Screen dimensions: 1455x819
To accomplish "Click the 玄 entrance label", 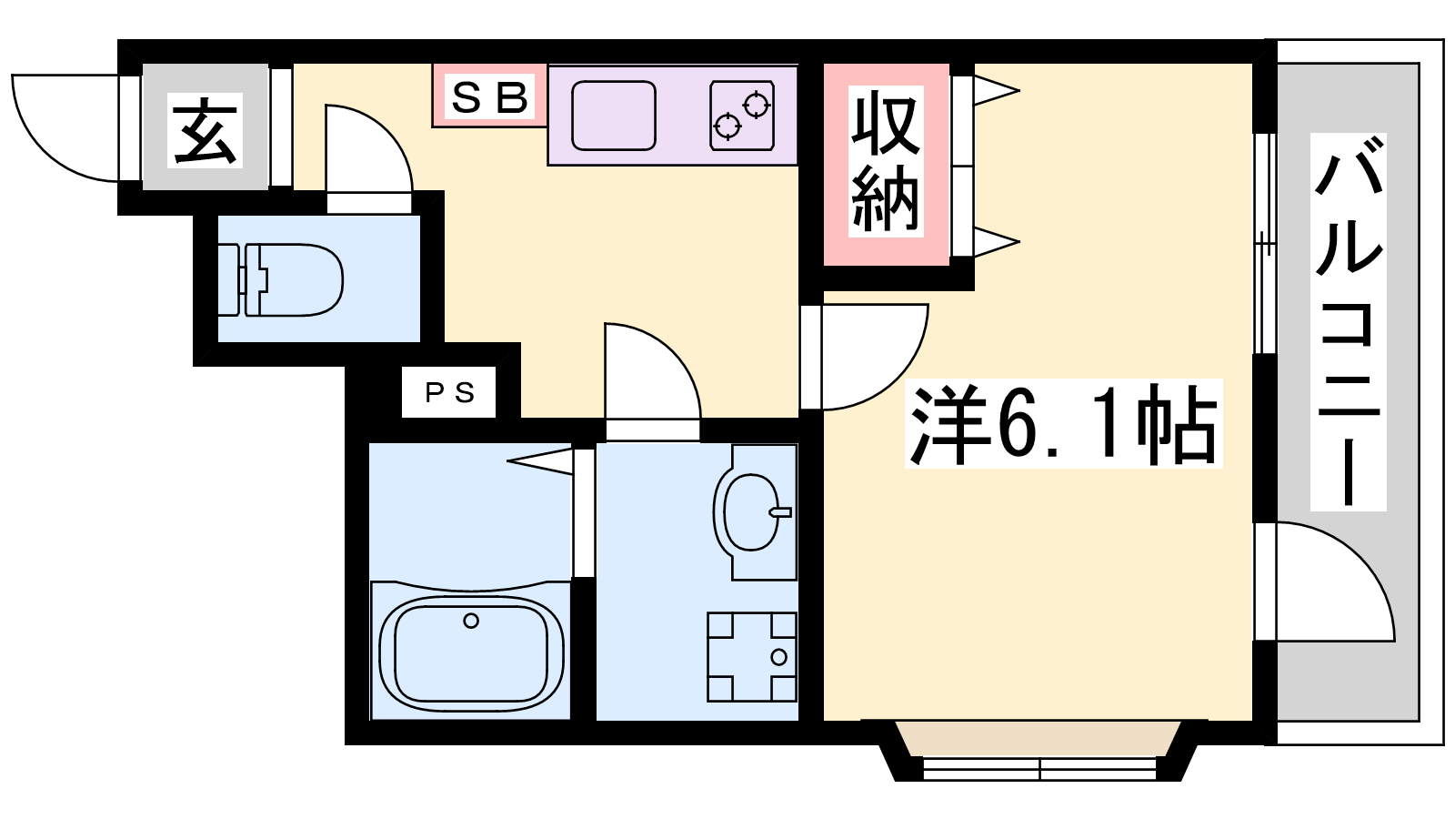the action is tap(205, 130).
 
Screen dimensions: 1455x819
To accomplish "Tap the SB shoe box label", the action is tap(490, 97).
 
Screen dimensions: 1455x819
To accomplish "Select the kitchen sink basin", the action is tap(613, 116).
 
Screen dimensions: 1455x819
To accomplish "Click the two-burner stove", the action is tap(742, 116).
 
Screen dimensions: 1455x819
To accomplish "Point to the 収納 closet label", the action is tap(886, 163).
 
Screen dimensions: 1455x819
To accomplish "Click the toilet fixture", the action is tap(280, 280).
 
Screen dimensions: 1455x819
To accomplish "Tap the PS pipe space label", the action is tap(449, 392).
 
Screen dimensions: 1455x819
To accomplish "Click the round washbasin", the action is tap(750, 512).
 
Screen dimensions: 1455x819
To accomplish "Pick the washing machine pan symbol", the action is tap(751, 656).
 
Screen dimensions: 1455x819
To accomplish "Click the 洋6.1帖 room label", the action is tap(1063, 423).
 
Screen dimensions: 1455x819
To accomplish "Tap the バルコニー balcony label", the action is tap(1348, 322).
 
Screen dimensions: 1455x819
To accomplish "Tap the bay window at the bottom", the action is tap(1039, 751).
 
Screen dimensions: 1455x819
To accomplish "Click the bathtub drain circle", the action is tap(471, 621).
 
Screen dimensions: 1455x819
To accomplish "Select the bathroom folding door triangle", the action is tap(540, 460).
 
